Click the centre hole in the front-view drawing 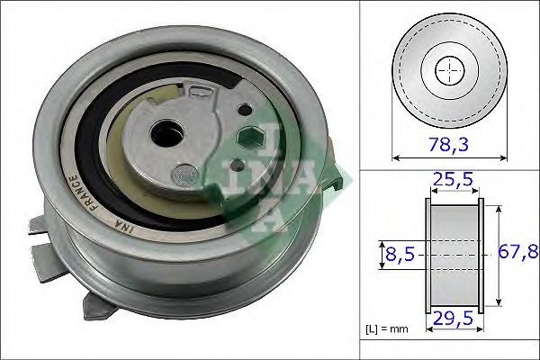447,69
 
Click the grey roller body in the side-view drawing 454,256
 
